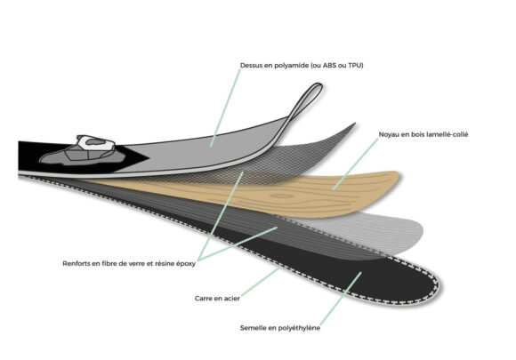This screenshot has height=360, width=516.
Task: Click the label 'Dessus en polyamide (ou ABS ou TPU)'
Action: point(302,66)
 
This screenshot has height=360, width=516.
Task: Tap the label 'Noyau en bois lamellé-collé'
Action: point(423,134)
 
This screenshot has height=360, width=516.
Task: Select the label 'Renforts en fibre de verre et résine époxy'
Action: point(129,264)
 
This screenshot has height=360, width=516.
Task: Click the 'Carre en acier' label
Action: point(217,299)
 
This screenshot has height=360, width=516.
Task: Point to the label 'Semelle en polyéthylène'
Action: point(280,328)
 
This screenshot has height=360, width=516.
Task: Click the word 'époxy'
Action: point(186,264)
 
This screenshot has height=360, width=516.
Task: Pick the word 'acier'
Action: point(231,299)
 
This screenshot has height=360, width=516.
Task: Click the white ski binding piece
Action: point(96,143)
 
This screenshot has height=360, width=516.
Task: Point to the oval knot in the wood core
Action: point(281,196)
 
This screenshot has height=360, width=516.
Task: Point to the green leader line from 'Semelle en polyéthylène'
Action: point(341,298)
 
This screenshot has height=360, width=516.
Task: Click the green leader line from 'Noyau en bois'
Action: point(356,164)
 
